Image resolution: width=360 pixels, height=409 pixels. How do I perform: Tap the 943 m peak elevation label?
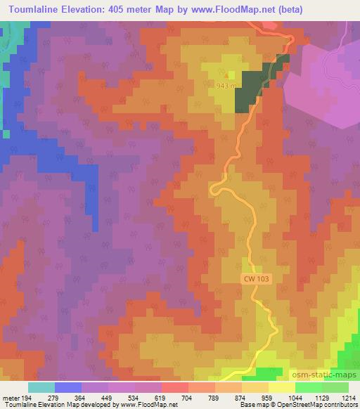pyautogui.click(x=226, y=86)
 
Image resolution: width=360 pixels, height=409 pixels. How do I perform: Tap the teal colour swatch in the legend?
pyautogui.click(x=41, y=387)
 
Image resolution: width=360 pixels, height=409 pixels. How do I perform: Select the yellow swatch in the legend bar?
pyautogui.click(x=281, y=387)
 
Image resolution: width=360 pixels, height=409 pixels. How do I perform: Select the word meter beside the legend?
pyautogui.click(x=11, y=398)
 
